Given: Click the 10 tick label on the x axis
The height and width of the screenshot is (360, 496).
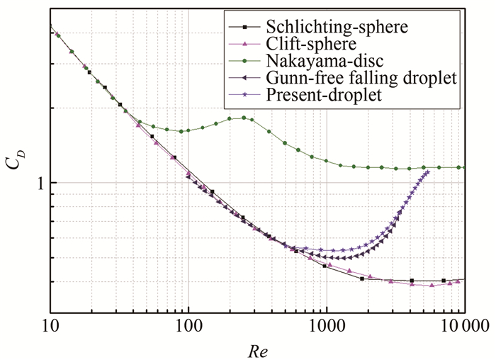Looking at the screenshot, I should [50, 328].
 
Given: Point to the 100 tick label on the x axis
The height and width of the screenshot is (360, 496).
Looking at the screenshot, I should [188, 328].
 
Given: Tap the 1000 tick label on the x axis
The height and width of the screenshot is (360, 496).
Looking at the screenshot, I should [326, 328].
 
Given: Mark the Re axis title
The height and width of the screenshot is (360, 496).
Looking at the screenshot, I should [257, 350].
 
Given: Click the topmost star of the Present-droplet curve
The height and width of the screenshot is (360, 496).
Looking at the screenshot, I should [427, 172].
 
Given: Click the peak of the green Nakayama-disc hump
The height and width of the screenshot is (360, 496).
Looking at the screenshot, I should [244, 118].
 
